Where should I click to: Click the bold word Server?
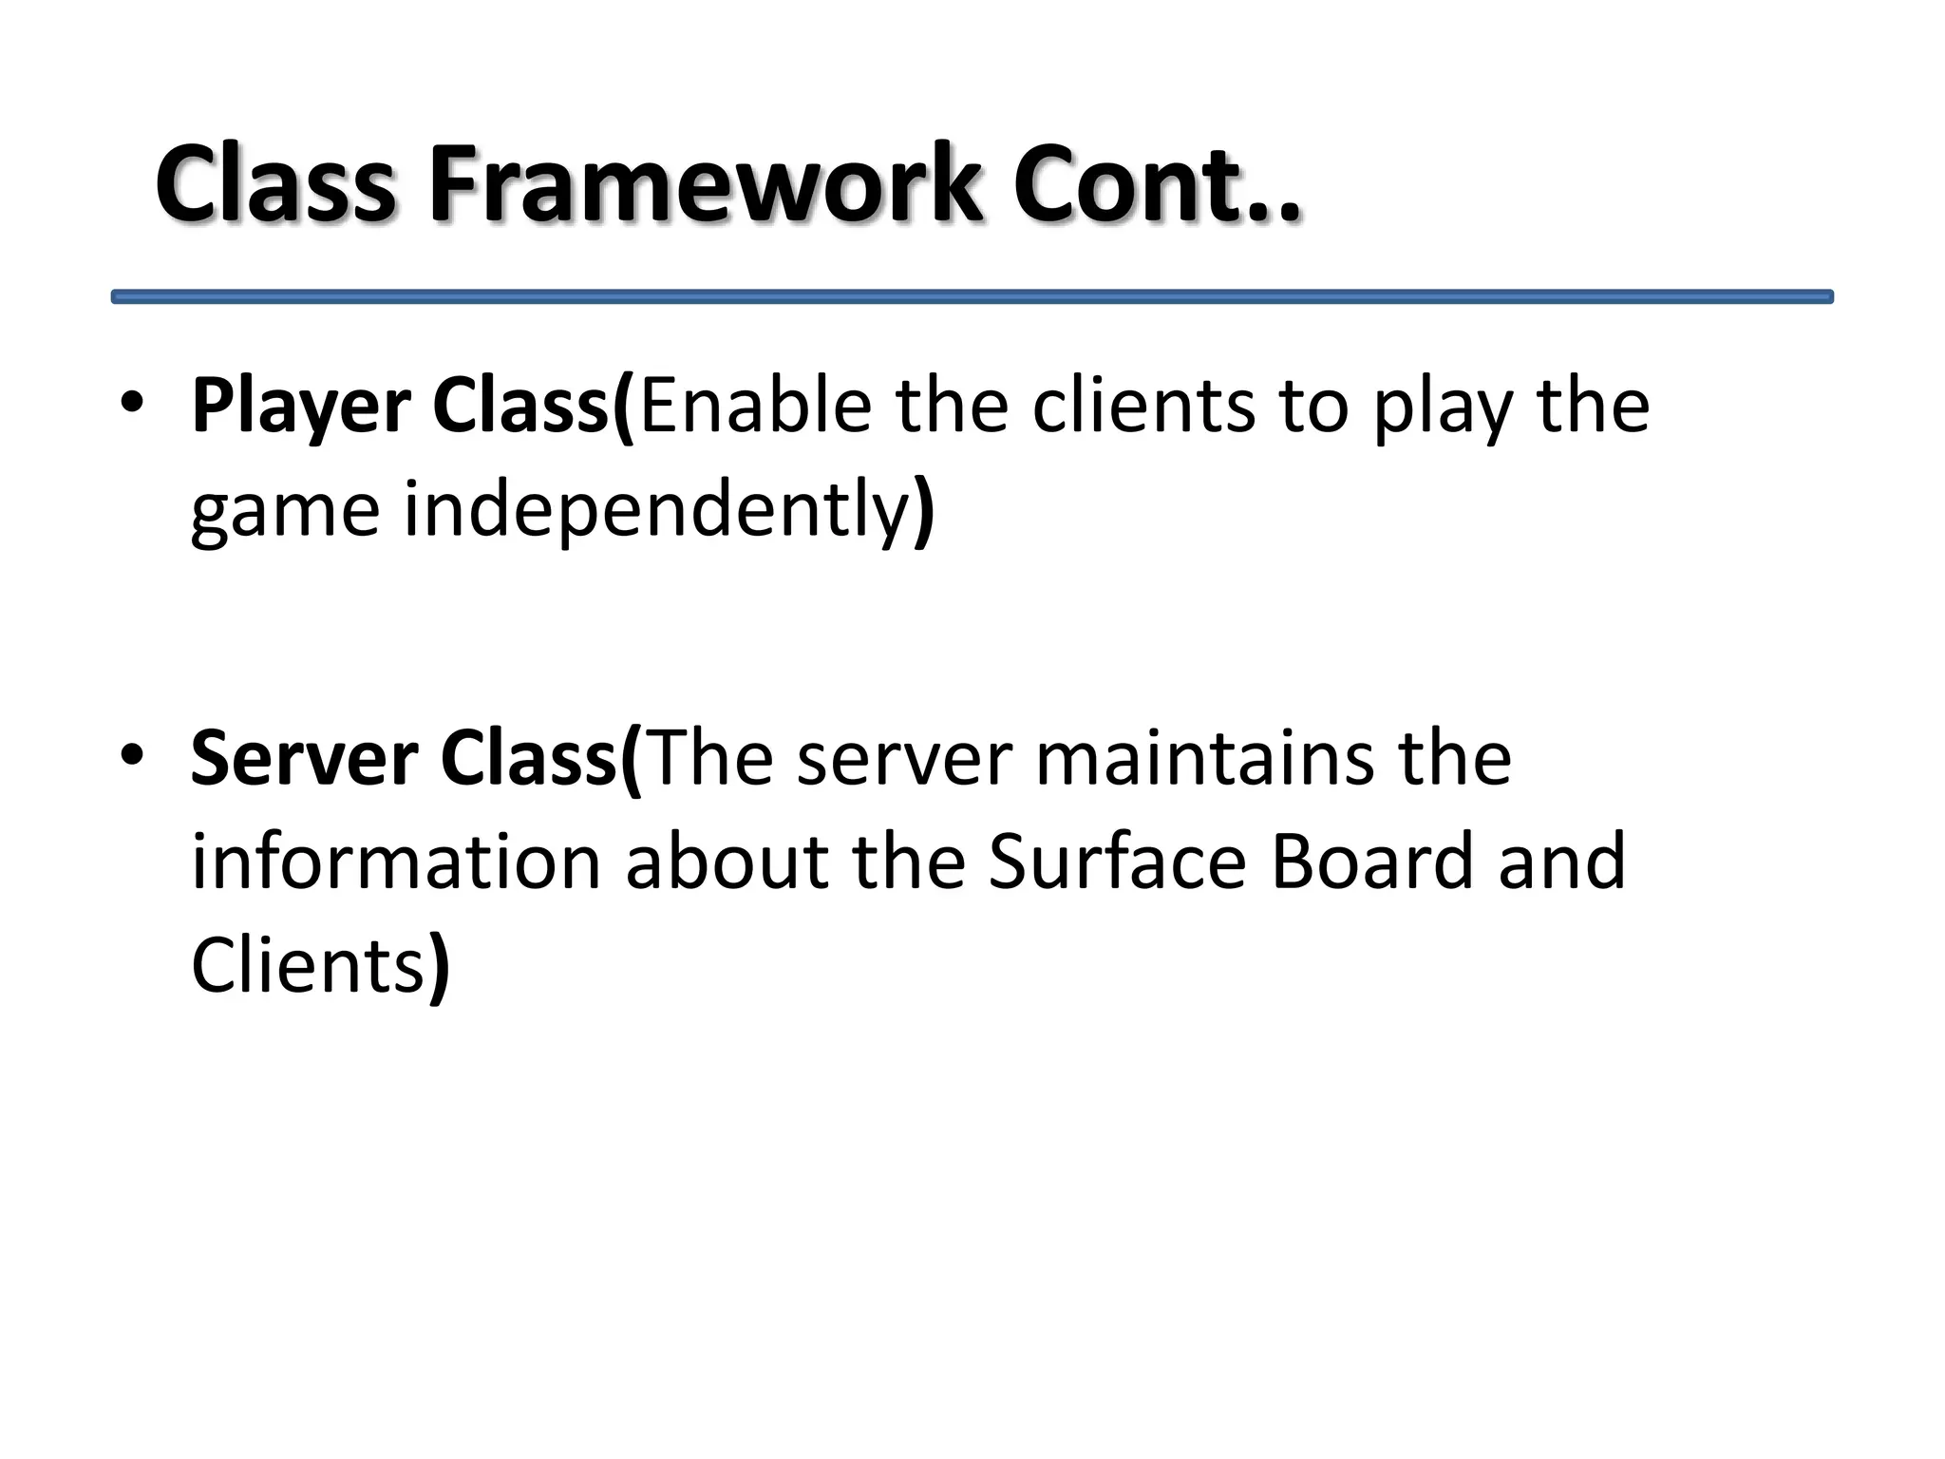304,760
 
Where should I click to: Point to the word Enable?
756,407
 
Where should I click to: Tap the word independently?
657,511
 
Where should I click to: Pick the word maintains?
1203,760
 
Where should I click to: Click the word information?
396,862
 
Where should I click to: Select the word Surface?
1116,862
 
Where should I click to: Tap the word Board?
1370,862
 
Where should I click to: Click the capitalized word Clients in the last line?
307,966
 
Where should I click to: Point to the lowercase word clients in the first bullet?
1143,407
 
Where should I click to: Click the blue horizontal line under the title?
972,297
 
